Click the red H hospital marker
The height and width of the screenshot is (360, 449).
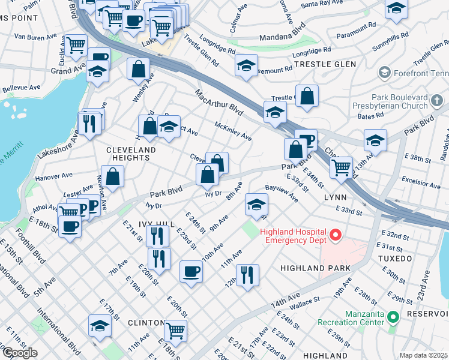tap(336, 235)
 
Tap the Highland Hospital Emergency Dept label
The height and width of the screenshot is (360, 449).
tap(293, 235)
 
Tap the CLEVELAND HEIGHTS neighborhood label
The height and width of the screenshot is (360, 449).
tap(128, 154)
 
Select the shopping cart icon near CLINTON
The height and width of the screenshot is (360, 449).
tap(175, 329)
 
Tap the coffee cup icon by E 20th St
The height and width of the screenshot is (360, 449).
tap(191, 270)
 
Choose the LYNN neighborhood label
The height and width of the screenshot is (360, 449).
tap(335, 197)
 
